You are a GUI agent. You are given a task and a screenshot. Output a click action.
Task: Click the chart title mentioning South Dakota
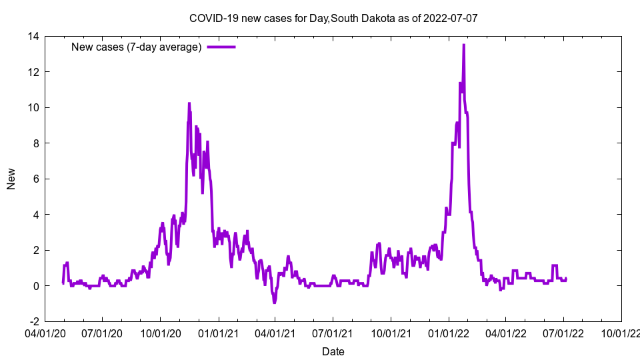[x=333, y=18]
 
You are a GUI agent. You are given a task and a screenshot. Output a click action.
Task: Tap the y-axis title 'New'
[x=11, y=179]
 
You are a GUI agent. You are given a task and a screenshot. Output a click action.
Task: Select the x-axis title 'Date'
[x=333, y=351]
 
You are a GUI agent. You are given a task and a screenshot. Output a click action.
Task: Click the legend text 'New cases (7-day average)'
[x=137, y=47]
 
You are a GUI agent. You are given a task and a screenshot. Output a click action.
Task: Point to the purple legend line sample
[x=221, y=47]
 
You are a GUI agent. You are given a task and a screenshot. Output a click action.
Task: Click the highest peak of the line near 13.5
[x=463, y=45]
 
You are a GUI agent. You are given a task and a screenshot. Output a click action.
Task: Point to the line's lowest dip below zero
[x=274, y=303]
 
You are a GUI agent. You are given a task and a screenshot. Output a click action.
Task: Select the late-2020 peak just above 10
[x=189, y=103]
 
